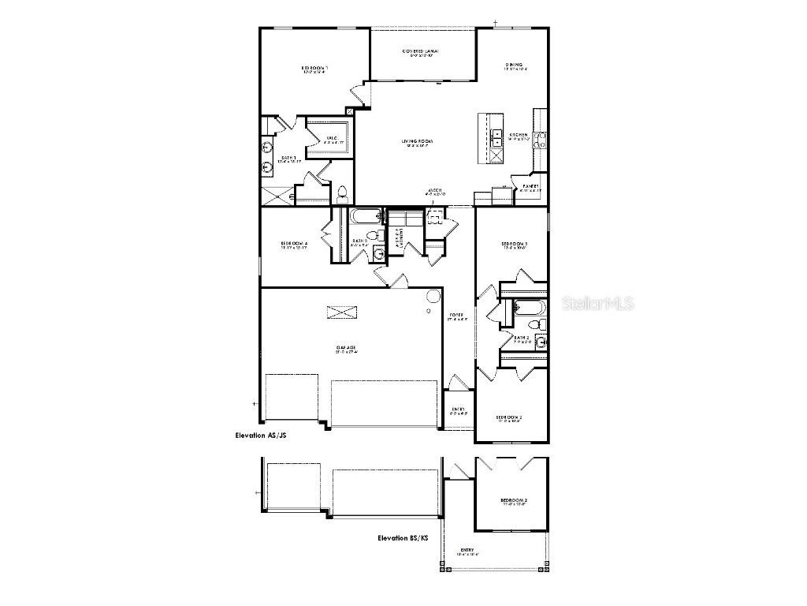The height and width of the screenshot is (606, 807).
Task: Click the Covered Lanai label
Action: click(x=421, y=51)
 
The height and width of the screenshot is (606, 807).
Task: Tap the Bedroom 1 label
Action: click(x=314, y=69)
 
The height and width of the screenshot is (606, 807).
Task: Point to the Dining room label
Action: click(x=514, y=65)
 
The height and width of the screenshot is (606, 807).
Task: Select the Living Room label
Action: click(x=420, y=140)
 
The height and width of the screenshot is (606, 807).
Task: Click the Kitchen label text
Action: click(x=519, y=136)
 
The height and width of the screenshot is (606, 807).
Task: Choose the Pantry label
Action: click(x=530, y=186)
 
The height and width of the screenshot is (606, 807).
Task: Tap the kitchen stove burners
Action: click(x=541, y=140)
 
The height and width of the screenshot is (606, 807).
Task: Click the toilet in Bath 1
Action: click(x=342, y=192)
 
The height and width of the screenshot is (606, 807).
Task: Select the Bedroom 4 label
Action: click(x=294, y=243)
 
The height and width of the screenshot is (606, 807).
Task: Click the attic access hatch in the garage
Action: click(x=341, y=312)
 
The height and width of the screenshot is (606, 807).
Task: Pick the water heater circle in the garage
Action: click(x=433, y=296)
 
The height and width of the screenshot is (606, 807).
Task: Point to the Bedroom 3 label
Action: click(x=514, y=245)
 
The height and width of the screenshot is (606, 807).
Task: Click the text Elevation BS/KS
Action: click(x=403, y=537)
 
